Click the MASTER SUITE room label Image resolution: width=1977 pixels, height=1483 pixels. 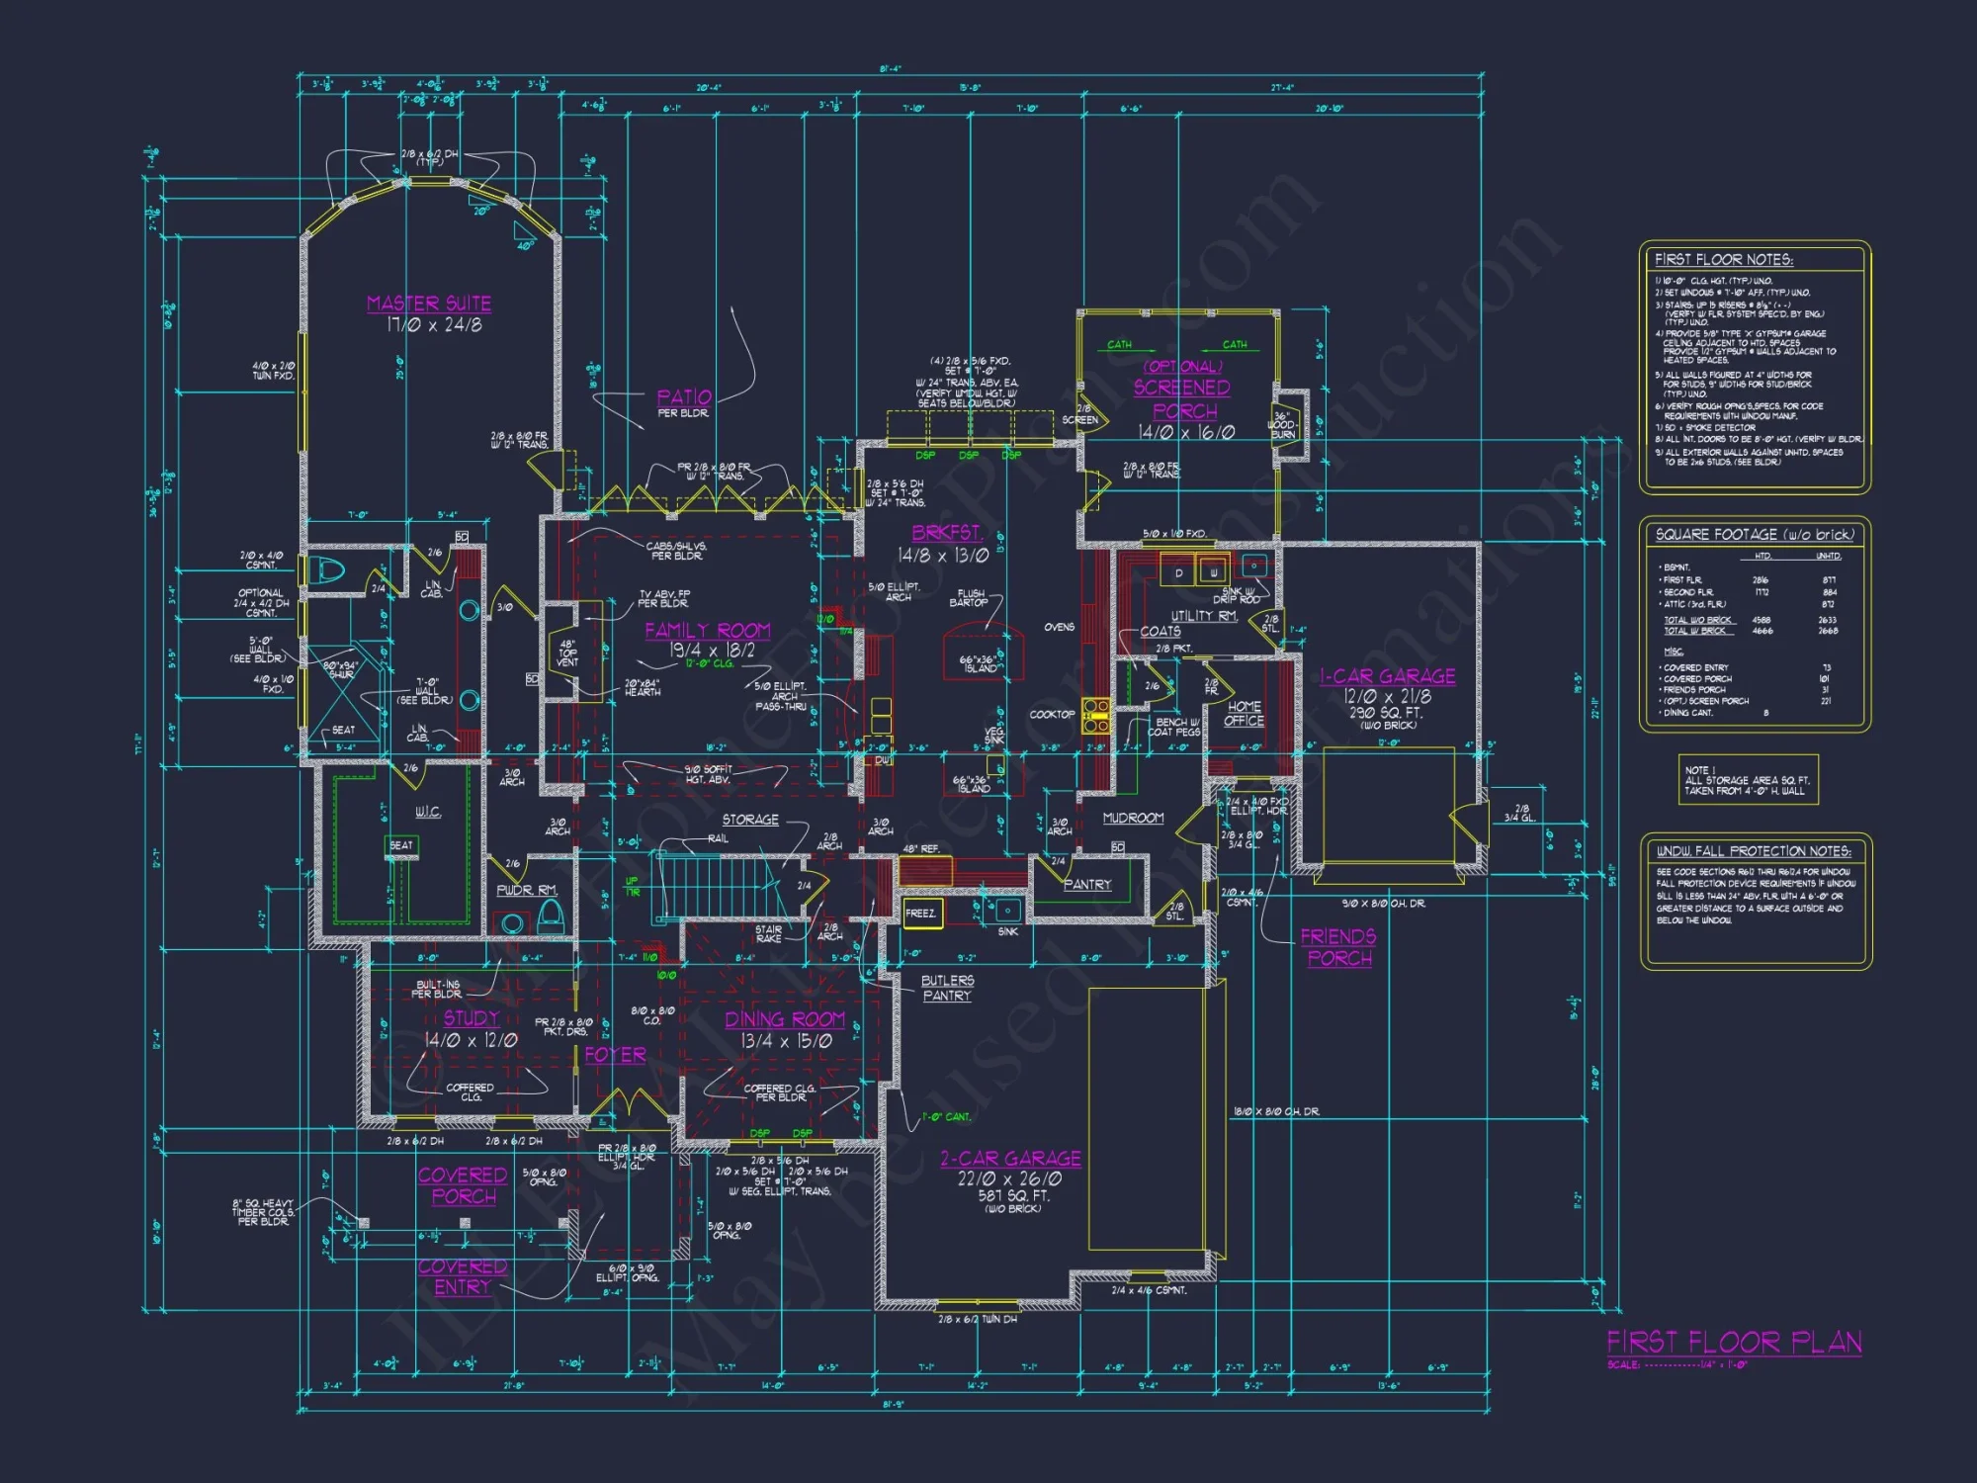[429, 304]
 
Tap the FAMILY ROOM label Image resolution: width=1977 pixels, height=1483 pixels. [708, 631]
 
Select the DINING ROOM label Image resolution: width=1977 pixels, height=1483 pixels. [785, 1019]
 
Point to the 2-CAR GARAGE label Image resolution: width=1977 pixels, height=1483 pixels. [1010, 1159]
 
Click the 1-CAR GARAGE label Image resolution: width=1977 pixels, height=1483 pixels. [1388, 676]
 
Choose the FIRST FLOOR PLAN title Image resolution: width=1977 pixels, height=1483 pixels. [1735, 1342]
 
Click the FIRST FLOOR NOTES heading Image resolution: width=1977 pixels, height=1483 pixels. [1724, 260]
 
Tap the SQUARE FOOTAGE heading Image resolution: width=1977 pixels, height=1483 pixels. [1755, 535]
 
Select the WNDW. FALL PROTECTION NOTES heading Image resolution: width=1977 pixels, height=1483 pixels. [1754, 851]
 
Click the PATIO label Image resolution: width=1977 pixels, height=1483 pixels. [684, 397]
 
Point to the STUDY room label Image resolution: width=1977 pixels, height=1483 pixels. [472, 1018]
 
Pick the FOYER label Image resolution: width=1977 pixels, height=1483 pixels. [615, 1055]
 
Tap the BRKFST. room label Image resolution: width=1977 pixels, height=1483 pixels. [946, 532]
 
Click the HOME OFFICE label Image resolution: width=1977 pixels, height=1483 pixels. [1245, 714]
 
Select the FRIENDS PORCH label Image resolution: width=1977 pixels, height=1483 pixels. [1338, 947]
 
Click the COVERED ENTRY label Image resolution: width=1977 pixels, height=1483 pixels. [463, 1276]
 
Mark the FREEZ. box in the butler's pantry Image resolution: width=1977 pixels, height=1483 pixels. [921, 914]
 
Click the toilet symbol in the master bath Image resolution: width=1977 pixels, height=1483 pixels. [327, 570]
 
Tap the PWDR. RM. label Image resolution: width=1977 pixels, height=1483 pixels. [527, 890]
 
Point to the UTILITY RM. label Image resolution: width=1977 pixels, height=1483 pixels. [1204, 616]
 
